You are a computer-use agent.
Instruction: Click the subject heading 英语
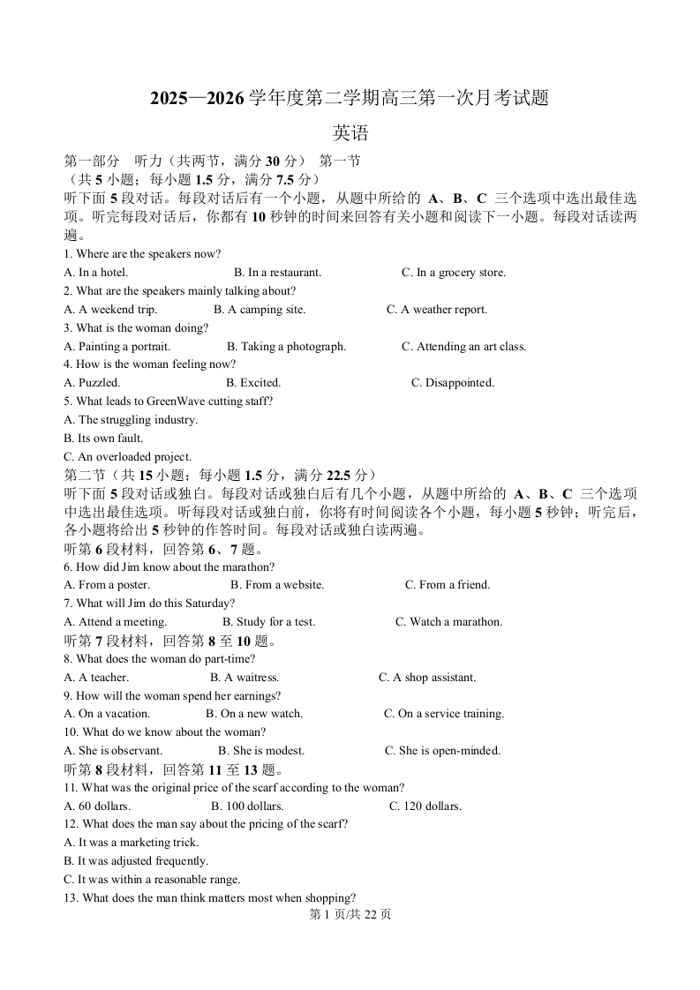(x=350, y=134)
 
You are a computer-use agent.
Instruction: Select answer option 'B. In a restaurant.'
(x=277, y=273)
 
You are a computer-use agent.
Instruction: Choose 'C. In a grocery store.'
(x=453, y=273)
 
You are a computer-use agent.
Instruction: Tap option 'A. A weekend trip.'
(x=110, y=310)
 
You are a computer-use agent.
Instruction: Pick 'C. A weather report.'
(x=436, y=310)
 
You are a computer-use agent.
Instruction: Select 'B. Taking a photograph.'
(x=286, y=347)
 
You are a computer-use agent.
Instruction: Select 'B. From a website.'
(x=277, y=585)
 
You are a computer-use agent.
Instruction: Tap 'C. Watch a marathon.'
(x=448, y=622)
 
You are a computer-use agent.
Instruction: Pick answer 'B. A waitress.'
(x=245, y=678)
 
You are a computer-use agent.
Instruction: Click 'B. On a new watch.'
(x=254, y=714)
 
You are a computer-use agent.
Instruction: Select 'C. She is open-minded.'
(x=442, y=751)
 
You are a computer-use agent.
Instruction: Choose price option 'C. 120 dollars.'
(x=425, y=806)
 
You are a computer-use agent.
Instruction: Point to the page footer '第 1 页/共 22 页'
(x=350, y=915)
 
